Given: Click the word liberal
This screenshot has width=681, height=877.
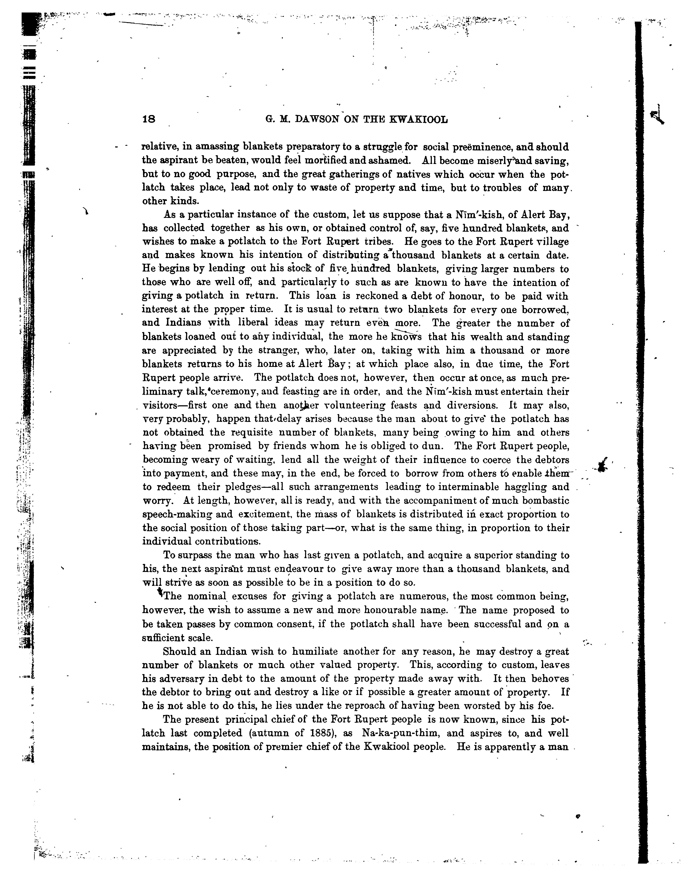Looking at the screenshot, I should pyautogui.click(x=256, y=323).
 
